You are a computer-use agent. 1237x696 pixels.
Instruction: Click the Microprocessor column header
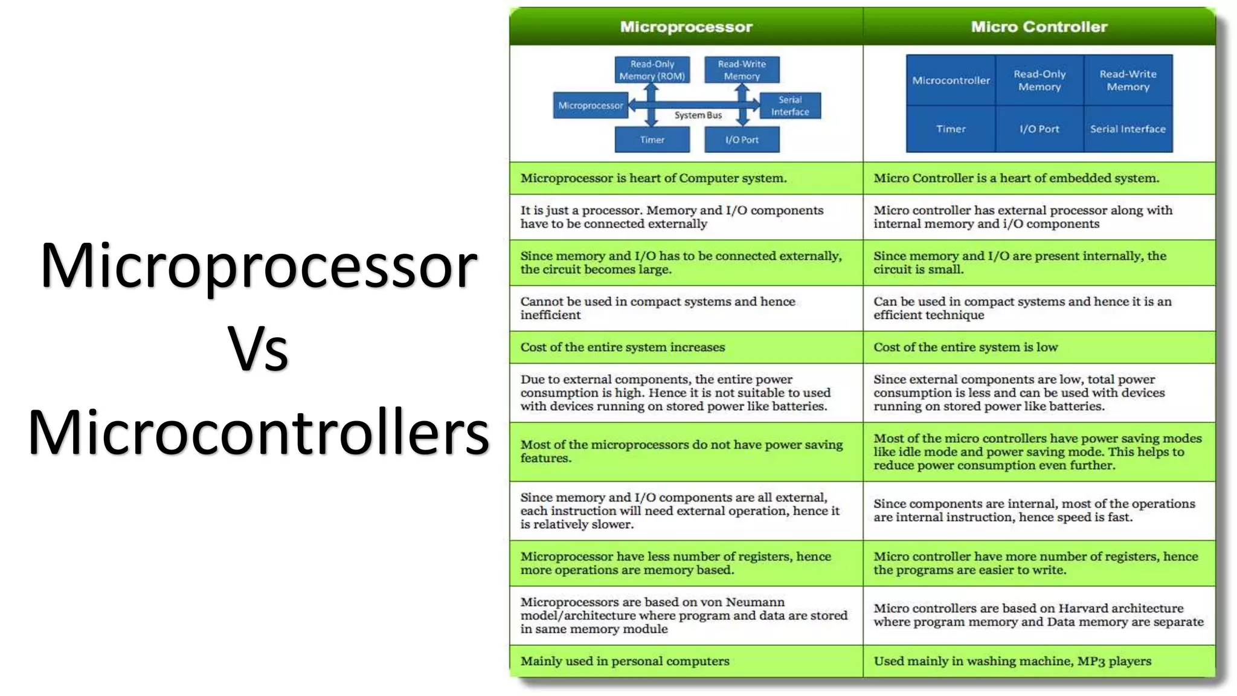coord(686,27)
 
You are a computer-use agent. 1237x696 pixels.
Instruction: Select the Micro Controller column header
coord(1039,27)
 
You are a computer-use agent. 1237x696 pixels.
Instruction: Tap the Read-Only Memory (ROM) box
coord(652,70)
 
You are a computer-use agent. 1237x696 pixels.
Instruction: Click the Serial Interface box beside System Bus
coord(789,106)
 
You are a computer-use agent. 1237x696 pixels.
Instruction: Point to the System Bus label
coord(698,115)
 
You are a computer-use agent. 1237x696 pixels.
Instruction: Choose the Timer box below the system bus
coord(652,140)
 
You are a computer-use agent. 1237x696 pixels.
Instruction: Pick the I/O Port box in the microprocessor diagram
coord(742,140)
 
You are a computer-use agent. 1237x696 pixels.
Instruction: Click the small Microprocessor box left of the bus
coord(590,106)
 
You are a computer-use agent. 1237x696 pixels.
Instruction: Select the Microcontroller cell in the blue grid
coord(951,80)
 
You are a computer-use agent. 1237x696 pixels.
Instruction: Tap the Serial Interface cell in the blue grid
coord(1128,129)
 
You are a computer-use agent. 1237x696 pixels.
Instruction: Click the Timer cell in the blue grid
coord(951,129)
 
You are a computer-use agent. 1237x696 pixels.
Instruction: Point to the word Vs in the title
coord(258,349)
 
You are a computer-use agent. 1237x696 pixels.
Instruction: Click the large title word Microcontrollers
coord(258,432)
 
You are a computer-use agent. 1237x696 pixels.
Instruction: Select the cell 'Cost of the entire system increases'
coord(623,347)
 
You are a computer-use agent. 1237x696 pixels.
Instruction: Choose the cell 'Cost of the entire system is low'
coord(965,347)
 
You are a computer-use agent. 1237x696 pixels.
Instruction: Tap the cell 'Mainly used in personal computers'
coord(625,661)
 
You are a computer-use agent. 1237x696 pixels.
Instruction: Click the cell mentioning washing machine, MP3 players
coord(1012,661)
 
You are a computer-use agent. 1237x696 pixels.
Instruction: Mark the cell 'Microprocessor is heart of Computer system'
coord(653,178)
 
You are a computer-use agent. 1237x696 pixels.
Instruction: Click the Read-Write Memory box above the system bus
coord(742,70)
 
